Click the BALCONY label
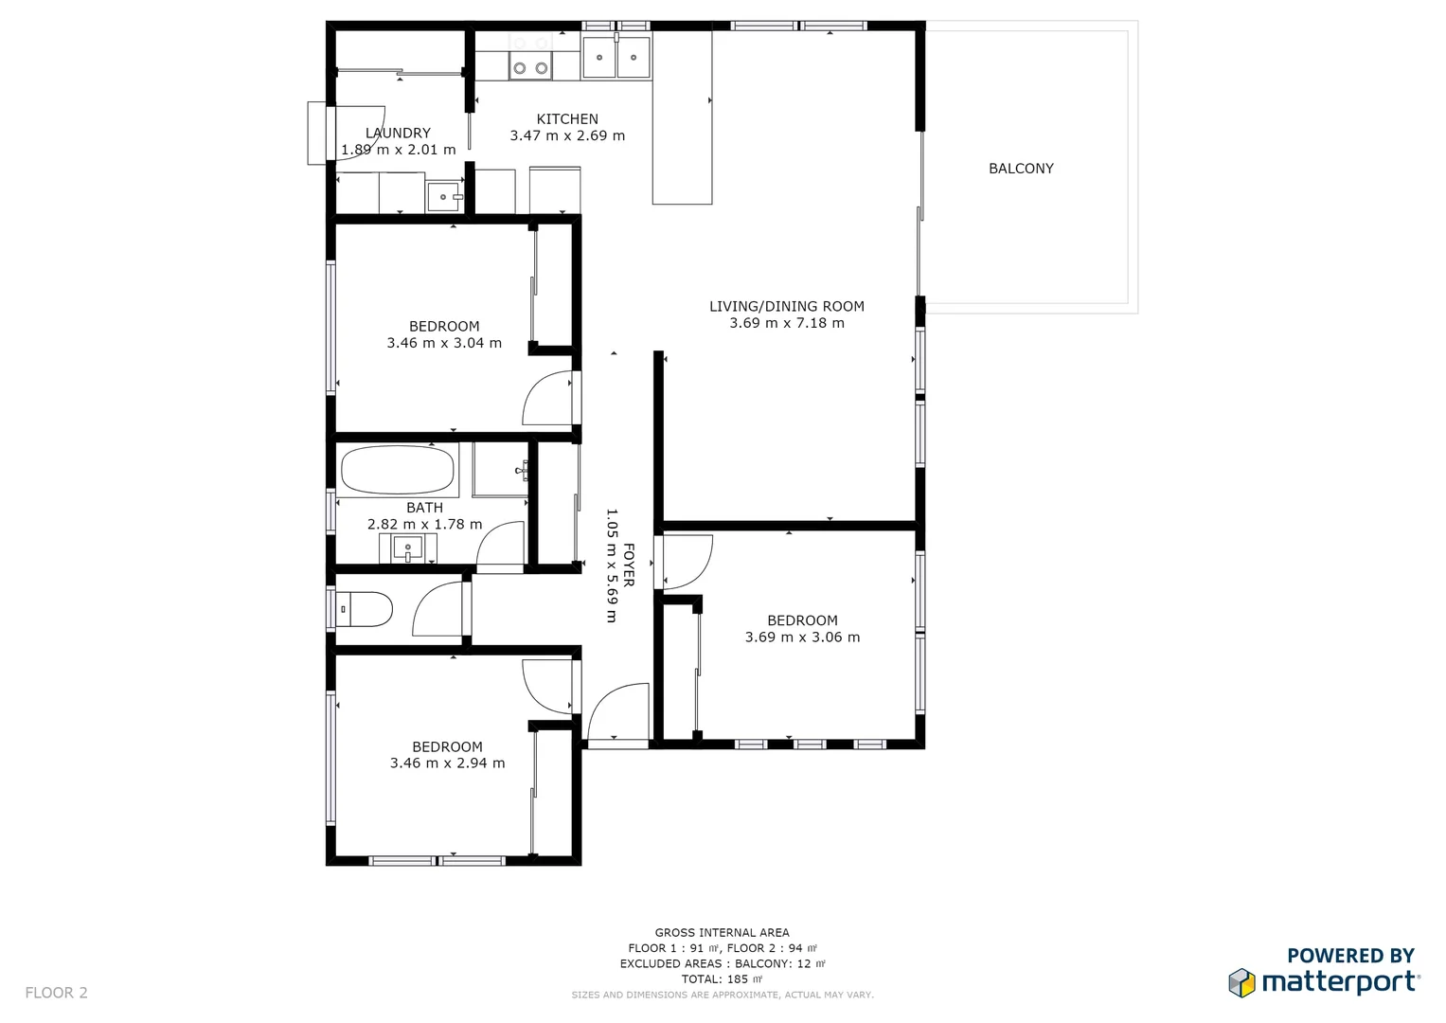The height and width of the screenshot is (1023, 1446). click(1021, 169)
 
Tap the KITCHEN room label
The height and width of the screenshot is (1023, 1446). click(567, 119)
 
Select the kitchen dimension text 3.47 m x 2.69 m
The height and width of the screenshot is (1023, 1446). click(567, 135)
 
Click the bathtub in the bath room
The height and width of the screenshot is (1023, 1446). click(397, 470)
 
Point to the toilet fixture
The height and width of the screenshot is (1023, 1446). click(366, 609)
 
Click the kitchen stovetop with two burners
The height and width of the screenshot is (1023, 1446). click(530, 67)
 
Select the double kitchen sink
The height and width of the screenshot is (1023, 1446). click(616, 58)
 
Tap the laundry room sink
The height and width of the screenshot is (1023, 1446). click(444, 197)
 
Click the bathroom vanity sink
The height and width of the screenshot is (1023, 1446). click(408, 548)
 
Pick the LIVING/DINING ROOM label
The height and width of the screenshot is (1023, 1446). click(786, 306)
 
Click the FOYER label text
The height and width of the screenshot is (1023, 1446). click(629, 565)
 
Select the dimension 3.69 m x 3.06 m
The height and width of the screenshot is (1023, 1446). click(802, 637)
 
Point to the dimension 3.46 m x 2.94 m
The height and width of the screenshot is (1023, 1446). click(447, 763)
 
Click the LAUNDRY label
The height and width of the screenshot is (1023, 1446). click(398, 134)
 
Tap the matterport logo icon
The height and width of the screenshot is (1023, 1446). click(1241, 982)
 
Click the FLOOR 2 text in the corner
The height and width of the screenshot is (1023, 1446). click(56, 993)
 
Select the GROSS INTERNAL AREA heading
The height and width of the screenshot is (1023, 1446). click(722, 933)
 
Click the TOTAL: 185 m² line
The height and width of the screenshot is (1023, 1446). click(722, 979)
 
